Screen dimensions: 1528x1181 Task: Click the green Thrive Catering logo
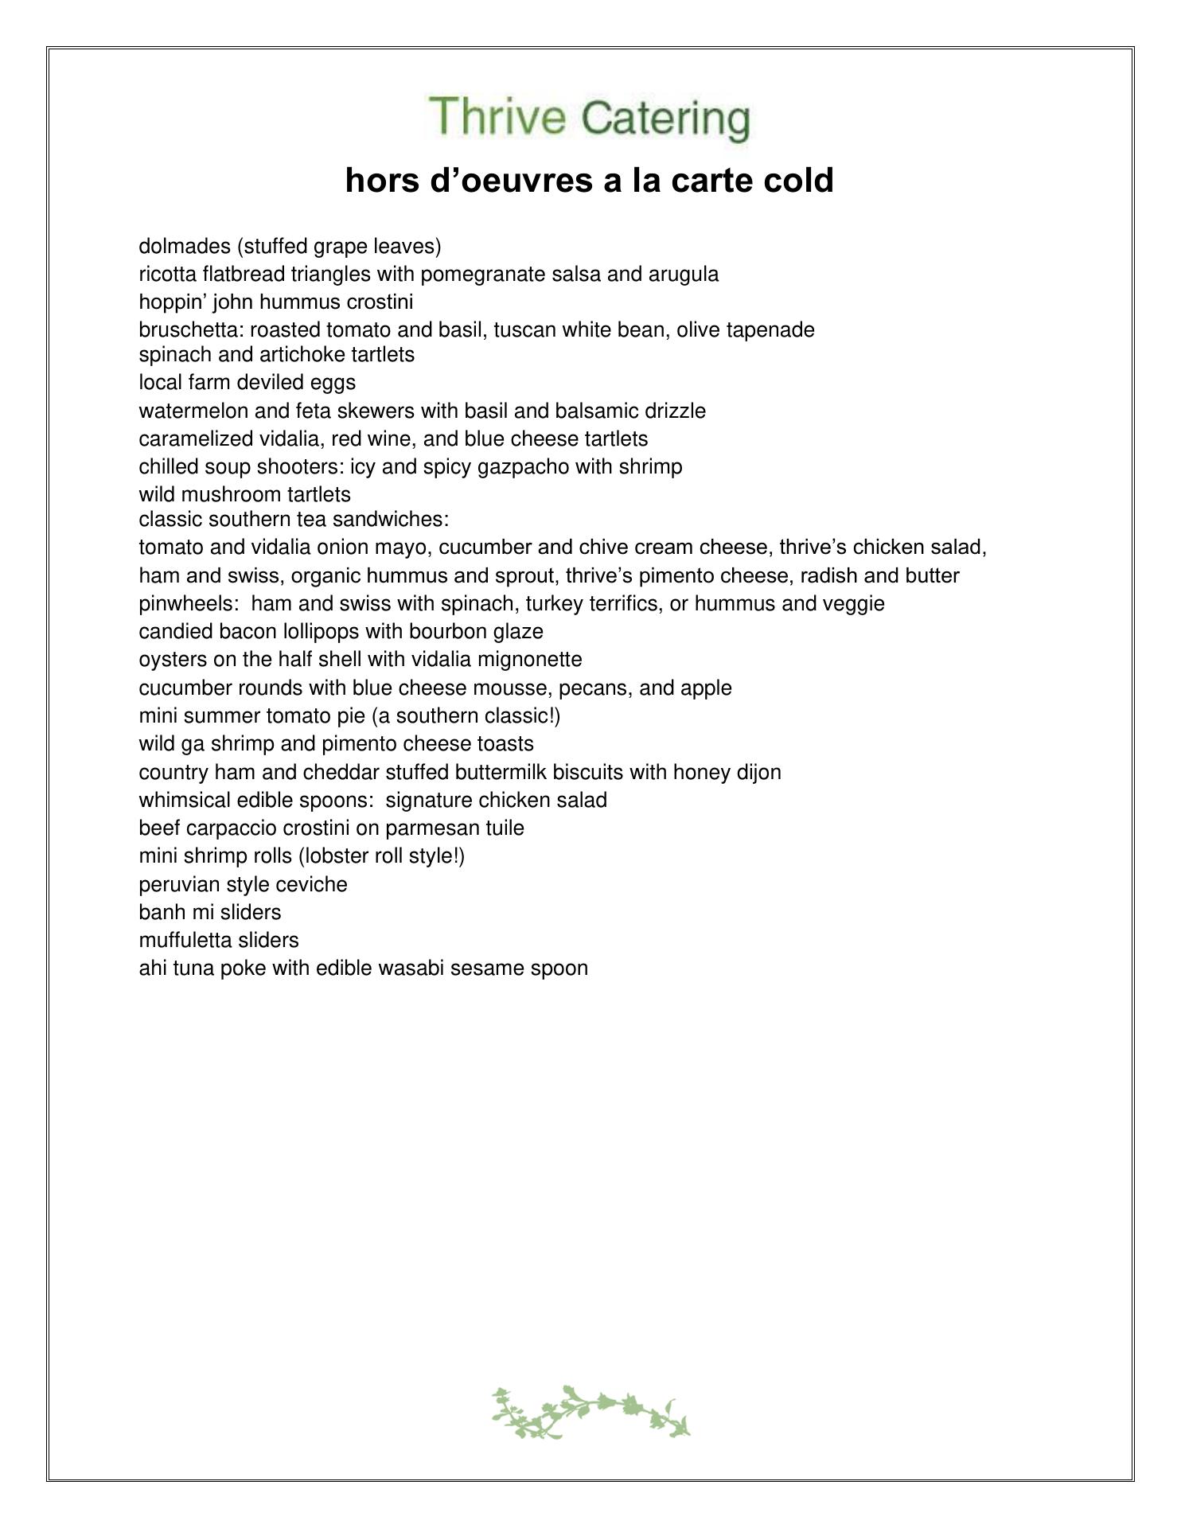tap(590, 118)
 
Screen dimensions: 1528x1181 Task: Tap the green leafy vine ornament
tap(590, 1413)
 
